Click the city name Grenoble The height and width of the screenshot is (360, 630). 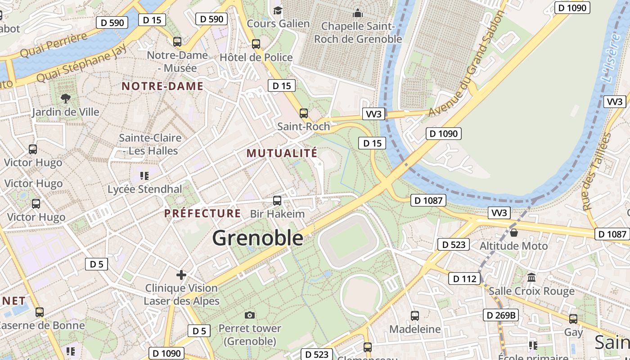pos(257,238)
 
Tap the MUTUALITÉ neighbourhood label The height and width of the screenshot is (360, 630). pos(282,153)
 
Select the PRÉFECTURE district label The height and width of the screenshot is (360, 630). pos(202,213)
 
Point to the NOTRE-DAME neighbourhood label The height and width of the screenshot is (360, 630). pos(162,86)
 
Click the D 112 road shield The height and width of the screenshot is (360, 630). pos(464,279)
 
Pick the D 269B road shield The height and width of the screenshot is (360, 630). pos(500,315)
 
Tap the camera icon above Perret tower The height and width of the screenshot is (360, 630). pos(250,315)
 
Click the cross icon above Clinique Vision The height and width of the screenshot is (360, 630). pos(181,274)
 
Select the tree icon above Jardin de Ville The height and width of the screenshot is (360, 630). pos(66,98)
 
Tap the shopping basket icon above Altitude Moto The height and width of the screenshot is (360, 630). pos(514,233)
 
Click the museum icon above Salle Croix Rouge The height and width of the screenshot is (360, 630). pos(531,277)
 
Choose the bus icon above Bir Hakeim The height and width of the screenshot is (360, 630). pos(277,201)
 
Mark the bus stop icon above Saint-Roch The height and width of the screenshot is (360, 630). pos(304,113)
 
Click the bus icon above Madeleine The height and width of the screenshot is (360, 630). pos(415,316)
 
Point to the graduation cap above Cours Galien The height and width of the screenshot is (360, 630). pos(278,10)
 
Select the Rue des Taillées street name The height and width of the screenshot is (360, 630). pos(595,171)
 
